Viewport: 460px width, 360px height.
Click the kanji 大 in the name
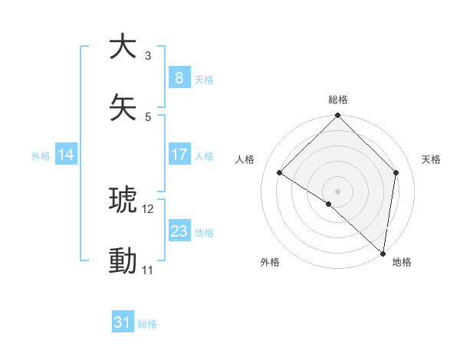123,47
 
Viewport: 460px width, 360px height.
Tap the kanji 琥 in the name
123,201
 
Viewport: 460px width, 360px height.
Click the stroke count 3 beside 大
148,56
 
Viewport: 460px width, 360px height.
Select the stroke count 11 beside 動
148,270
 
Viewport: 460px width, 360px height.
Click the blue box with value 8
179,78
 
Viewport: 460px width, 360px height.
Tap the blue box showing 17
179,155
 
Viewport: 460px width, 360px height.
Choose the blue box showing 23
179,231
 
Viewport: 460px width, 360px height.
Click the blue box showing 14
66,155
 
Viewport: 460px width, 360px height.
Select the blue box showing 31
123,323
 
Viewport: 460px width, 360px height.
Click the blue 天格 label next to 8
204,79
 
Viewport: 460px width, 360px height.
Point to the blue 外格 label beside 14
41,155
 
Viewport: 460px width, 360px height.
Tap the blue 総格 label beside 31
147,324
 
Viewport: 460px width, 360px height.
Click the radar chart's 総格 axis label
338,100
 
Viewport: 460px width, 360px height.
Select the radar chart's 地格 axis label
402,262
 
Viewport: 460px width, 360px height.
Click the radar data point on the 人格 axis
280,173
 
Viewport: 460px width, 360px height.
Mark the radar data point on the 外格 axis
328,204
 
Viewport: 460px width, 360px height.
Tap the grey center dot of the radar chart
338,191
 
